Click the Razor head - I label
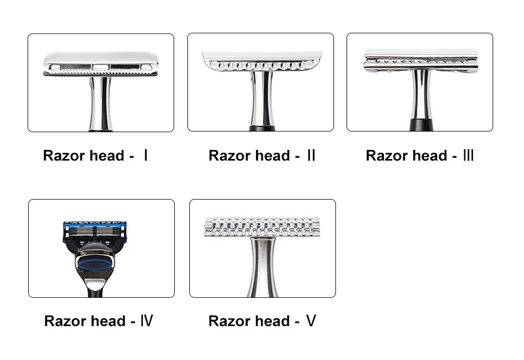pyautogui.click(x=96, y=156)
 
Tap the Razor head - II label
pyautogui.click(x=262, y=156)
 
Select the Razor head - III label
pyautogui.click(x=420, y=156)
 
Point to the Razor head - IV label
pyautogui.click(x=99, y=321)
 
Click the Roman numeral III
pyautogui.click(x=468, y=156)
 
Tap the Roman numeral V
pyautogui.click(x=311, y=321)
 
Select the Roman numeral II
pyautogui.click(x=310, y=156)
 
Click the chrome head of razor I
pyautogui.click(x=101, y=63)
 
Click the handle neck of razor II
pyautogui.click(x=261, y=98)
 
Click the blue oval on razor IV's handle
pyautogui.click(x=100, y=263)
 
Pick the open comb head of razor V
pyautogui.click(x=262, y=227)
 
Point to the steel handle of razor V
pyautogui.click(x=262, y=268)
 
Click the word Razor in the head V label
pyautogui.click(x=227, y=321)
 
